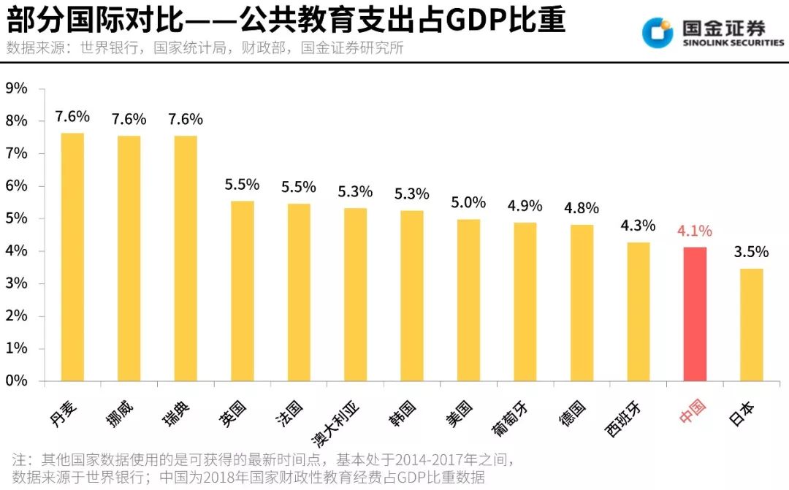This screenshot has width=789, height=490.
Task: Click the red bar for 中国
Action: coord(695,314)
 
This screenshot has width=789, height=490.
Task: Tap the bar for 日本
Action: coord(751,325)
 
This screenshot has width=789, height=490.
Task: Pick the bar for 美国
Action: coord(468,300)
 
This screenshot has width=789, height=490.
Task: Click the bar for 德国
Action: coord(582,303)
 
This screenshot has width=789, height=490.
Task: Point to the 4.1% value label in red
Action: coord(695,231)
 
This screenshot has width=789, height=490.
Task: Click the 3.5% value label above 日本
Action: coord(751,252)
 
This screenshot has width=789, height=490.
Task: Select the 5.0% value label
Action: coord(468,202)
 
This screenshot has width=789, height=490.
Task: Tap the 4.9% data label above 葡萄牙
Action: coord(525,205)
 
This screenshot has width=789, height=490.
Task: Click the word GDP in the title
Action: coord(479,21)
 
